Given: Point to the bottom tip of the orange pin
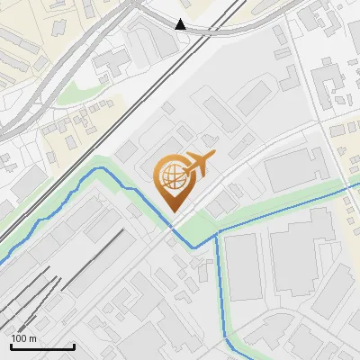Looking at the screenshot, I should (172, 211).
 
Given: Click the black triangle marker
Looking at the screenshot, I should (181, 24).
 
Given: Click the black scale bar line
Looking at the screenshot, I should (42, 346).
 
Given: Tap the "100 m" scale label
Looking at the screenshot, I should (24, 338).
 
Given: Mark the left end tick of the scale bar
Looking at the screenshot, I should (11, 345).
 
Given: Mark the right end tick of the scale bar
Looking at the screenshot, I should (74, 345).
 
